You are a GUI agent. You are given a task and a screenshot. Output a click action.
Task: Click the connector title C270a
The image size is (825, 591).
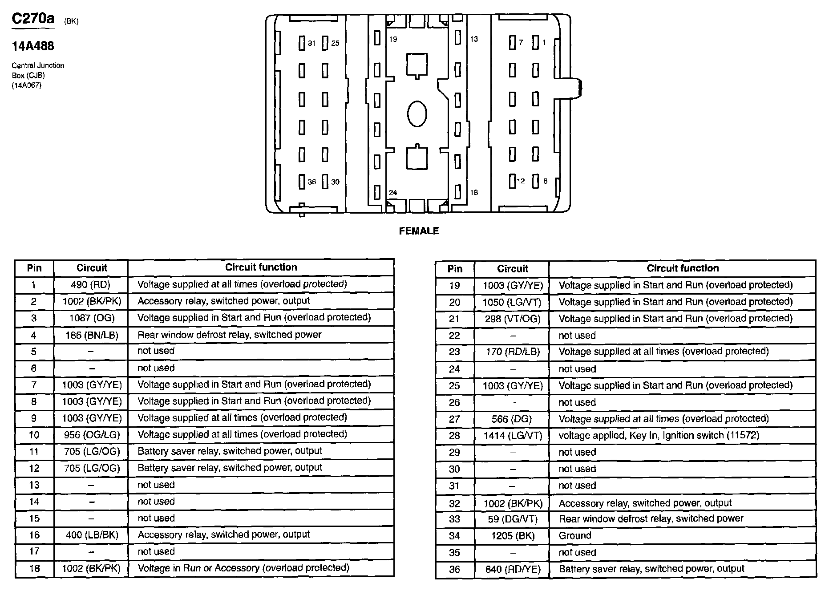click(33, 19)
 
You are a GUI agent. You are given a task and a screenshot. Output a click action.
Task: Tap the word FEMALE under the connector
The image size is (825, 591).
click(419, 231)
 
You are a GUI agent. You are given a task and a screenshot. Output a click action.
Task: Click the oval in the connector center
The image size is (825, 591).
click(417, 113)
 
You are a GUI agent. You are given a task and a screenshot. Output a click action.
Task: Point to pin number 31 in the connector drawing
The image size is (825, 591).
click(311, 43)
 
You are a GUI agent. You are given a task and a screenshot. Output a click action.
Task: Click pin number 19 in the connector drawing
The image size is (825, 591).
click(392, 39)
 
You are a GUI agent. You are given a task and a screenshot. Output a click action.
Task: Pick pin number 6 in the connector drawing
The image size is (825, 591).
click(545, 181)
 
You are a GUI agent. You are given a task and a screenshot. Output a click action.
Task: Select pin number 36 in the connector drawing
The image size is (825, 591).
click(311, 182)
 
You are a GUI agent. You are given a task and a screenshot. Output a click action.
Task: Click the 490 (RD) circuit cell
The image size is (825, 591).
click(91, 284)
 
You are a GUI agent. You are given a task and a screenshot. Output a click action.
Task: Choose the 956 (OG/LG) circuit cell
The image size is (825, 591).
click(91, 435)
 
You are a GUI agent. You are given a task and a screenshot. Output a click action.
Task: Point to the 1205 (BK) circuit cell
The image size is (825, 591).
click(513, 536)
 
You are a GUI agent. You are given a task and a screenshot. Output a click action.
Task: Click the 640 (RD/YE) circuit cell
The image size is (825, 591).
click(513, 569)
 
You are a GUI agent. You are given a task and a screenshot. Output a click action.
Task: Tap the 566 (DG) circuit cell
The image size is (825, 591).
click(513, 419)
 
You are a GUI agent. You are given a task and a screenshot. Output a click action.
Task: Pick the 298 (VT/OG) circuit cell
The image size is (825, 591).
click(513, 319)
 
